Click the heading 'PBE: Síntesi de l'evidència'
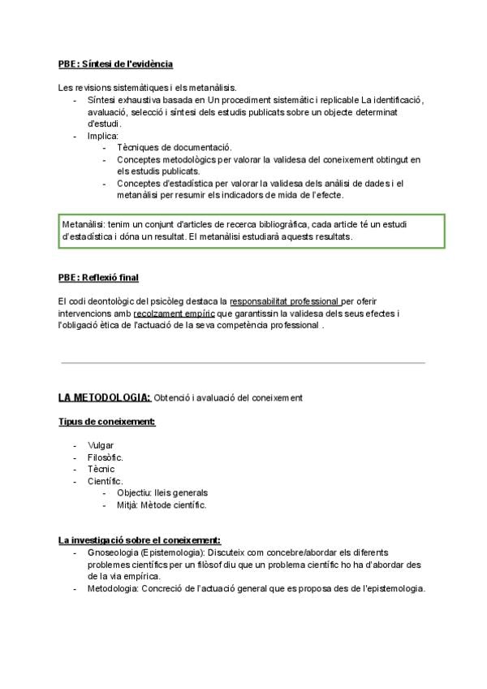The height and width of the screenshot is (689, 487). pos(115,63)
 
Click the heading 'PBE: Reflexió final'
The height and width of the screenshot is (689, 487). pos(98,278)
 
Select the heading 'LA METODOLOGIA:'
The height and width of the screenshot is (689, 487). pos(105,397)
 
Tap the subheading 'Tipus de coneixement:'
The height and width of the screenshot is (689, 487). pos(106,422)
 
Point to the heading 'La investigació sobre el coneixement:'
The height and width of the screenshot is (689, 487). pos(140,540)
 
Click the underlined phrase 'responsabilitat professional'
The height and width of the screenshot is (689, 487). pos(285,301)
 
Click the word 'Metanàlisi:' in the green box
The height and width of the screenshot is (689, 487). pos(84,223)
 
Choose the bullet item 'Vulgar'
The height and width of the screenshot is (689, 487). pos(101,445)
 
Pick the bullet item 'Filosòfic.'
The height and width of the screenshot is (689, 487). pos(106,457)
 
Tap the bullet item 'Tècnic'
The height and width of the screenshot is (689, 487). pos(101,469)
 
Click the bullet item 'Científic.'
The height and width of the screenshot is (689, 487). pos(106,481)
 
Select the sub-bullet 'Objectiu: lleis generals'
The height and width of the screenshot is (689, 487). pos(162,492)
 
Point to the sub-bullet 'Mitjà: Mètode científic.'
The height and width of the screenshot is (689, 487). pos(162,505)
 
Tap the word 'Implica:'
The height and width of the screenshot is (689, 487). pos(103,136)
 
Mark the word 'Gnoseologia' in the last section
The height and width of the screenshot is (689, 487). pos(112,552)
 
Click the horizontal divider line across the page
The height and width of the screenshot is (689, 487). pos(243,362)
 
